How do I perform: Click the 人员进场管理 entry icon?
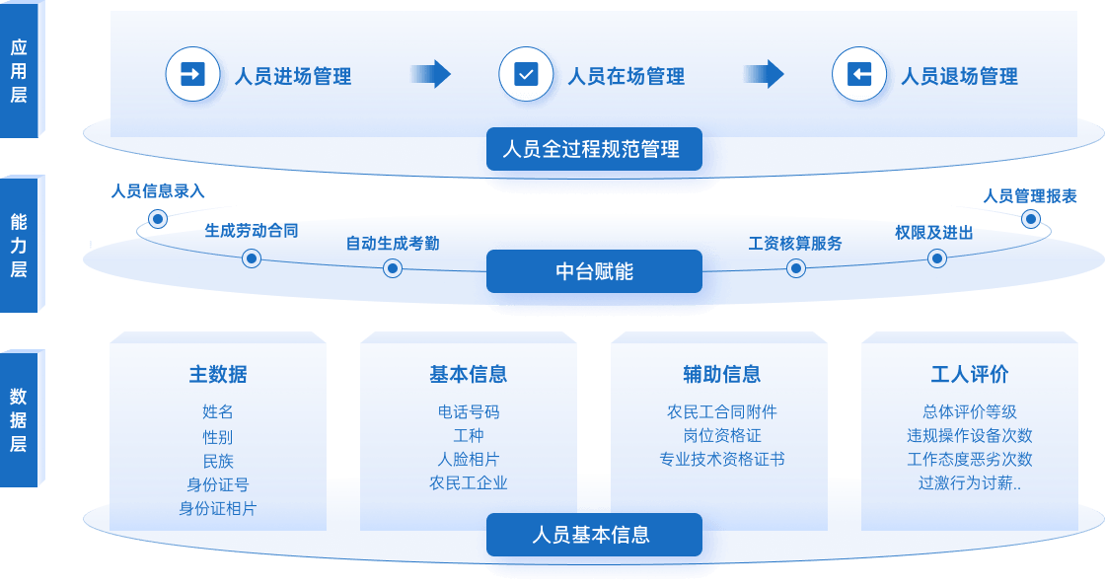coord(192,74)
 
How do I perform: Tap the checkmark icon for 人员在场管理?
coord(526,74)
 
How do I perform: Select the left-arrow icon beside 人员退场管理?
coord(859,74)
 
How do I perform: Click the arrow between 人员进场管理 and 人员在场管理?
coord(430,74)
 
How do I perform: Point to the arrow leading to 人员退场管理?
coord(764,74)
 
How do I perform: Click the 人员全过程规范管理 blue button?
coord(594,150)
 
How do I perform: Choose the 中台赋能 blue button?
coord(594,271)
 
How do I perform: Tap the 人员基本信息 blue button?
coord(594,535)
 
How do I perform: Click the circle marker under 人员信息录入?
coord(157,218)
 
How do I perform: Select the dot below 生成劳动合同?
coord(252,258)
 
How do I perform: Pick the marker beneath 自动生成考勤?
coord(393,268)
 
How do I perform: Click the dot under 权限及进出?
coord(937,258)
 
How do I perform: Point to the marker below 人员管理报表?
coord(1031,218)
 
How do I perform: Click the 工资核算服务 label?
coord(795,243)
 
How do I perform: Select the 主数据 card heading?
coord(218,375)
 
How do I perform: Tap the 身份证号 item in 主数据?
coord(218,484)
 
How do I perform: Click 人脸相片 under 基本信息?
coord(469,459)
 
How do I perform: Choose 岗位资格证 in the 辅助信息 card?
coord(722,435)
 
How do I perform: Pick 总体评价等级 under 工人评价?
coord(970,411)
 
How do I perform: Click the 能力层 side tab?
coord(19,245)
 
